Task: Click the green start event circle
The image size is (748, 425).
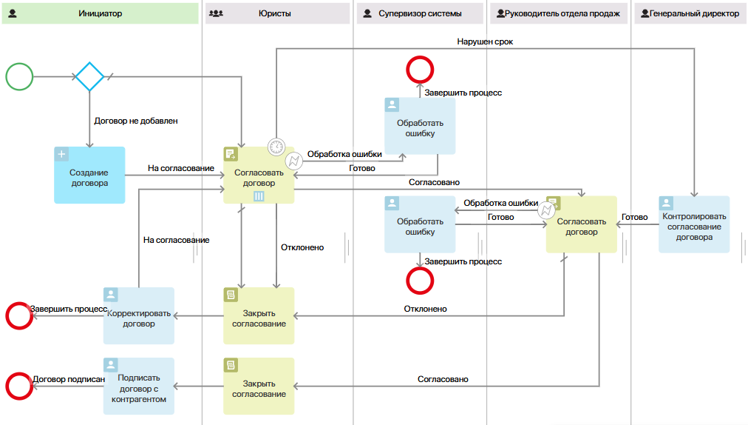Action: tap(19, 76)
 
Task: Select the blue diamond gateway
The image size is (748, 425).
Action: tap(90, 76)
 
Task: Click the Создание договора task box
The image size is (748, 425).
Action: tap(89, 175)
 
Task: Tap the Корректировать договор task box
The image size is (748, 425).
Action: tap(139, 315)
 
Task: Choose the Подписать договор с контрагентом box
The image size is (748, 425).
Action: tap(139, 386)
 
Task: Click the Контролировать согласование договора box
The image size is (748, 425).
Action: tap(694, 224)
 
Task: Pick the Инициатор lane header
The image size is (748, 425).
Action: tap(100, 13)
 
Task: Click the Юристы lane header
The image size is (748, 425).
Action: tap(277, 13)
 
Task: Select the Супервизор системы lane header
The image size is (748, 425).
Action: tap(420, 13)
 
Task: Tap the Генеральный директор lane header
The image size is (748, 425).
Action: tap(689, 13)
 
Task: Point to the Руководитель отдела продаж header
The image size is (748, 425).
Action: tap(560, 13)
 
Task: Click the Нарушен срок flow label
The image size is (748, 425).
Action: tap(485, 42)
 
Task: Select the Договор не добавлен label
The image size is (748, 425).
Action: tap(136, 120)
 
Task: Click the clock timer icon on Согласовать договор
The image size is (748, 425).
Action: tap(276, 146)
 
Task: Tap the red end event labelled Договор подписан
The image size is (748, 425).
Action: tap(18, 386)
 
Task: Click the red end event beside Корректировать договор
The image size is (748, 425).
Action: tap(18, 315)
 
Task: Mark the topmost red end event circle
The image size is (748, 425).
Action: tap(420, 69)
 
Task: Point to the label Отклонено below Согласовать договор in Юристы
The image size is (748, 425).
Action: tap(302, 247)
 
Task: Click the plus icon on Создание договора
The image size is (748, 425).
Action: tap(61, 154)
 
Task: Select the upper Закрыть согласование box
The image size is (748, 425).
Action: tap(259, 315)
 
